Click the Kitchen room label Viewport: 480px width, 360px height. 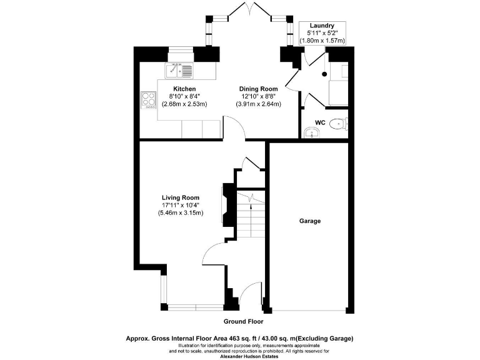[184, 89]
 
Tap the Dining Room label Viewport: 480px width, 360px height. [258, 89]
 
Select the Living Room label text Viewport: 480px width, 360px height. [181, 198]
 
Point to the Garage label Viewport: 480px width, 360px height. [310, 221]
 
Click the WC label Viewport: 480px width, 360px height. [320, 122]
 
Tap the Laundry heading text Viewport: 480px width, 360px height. [322, 26]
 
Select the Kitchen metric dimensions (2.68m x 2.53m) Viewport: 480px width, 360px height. [184, 104]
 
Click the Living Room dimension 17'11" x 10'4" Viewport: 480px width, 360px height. [181, 206]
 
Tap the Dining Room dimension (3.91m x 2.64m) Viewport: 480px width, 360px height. [258, 104]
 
